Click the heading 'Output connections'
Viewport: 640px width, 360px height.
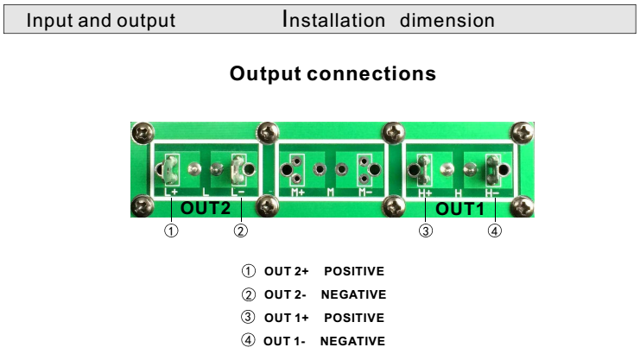click(x=333, y=74)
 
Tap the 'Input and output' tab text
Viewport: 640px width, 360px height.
click(x=101, y=21)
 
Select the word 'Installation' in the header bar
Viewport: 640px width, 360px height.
click(x=333, y=21)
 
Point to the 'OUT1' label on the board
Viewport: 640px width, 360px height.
click(x=460, y=208)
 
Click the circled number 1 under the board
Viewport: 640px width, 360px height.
click(x=172, y=231)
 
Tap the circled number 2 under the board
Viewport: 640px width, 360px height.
click(x=241, y=231)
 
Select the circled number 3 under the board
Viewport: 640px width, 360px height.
click(x=426, y=231)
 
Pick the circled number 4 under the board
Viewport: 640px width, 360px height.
click(x=495, y=231)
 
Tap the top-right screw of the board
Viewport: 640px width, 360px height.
click(x=522, y=132)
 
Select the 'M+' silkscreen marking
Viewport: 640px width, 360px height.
click(x=298, y=192)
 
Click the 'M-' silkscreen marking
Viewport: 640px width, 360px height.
click(x=365, y=192)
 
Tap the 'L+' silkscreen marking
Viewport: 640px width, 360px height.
click(x=171, y=192)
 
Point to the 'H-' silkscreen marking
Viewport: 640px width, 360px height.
click(x=492, y=193)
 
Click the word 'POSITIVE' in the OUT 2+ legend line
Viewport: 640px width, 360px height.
click(x=353, y=272)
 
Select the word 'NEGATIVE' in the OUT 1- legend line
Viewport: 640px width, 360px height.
click(x=352, y=341)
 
